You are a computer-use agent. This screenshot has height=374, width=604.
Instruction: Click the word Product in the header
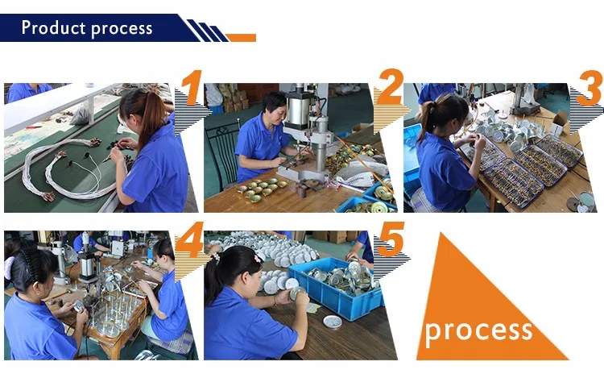tap(53, 27)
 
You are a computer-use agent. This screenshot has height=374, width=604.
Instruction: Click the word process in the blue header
tap(122, 29)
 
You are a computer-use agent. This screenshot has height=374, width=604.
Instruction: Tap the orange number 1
tap(192, 88)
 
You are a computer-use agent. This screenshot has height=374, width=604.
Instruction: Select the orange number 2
tap(391, 87)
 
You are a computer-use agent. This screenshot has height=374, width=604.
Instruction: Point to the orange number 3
tap(590, 88)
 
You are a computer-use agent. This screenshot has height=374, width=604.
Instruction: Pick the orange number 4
tap(189, 239)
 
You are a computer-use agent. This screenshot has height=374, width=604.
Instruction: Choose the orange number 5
tap(391, 239)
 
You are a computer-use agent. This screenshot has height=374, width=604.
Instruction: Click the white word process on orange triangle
tap(478, 330)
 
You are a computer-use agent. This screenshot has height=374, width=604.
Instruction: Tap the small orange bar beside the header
tap(241, 38)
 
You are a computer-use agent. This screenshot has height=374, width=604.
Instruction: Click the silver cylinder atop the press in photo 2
tap(300, 109)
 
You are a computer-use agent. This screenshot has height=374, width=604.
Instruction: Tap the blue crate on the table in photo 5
tap(336, 288)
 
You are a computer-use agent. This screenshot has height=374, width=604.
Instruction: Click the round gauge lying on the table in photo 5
tap(332, 321)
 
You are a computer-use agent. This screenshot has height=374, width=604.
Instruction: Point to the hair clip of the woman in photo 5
tap(258, 258)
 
